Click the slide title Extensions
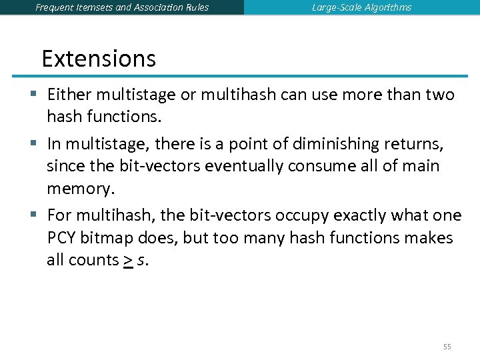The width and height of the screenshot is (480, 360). [99, 59]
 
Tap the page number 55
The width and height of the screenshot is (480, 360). [447, 347]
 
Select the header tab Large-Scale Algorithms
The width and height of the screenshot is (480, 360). [361, 7]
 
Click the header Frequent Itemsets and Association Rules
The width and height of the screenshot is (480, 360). [122, 7]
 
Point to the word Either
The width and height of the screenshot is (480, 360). [69, 95]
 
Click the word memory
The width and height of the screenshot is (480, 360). [80, 189]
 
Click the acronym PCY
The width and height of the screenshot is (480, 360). [63, 238]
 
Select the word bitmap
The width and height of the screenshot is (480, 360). [109, 238]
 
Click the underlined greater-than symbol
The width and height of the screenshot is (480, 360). [127, 261]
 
